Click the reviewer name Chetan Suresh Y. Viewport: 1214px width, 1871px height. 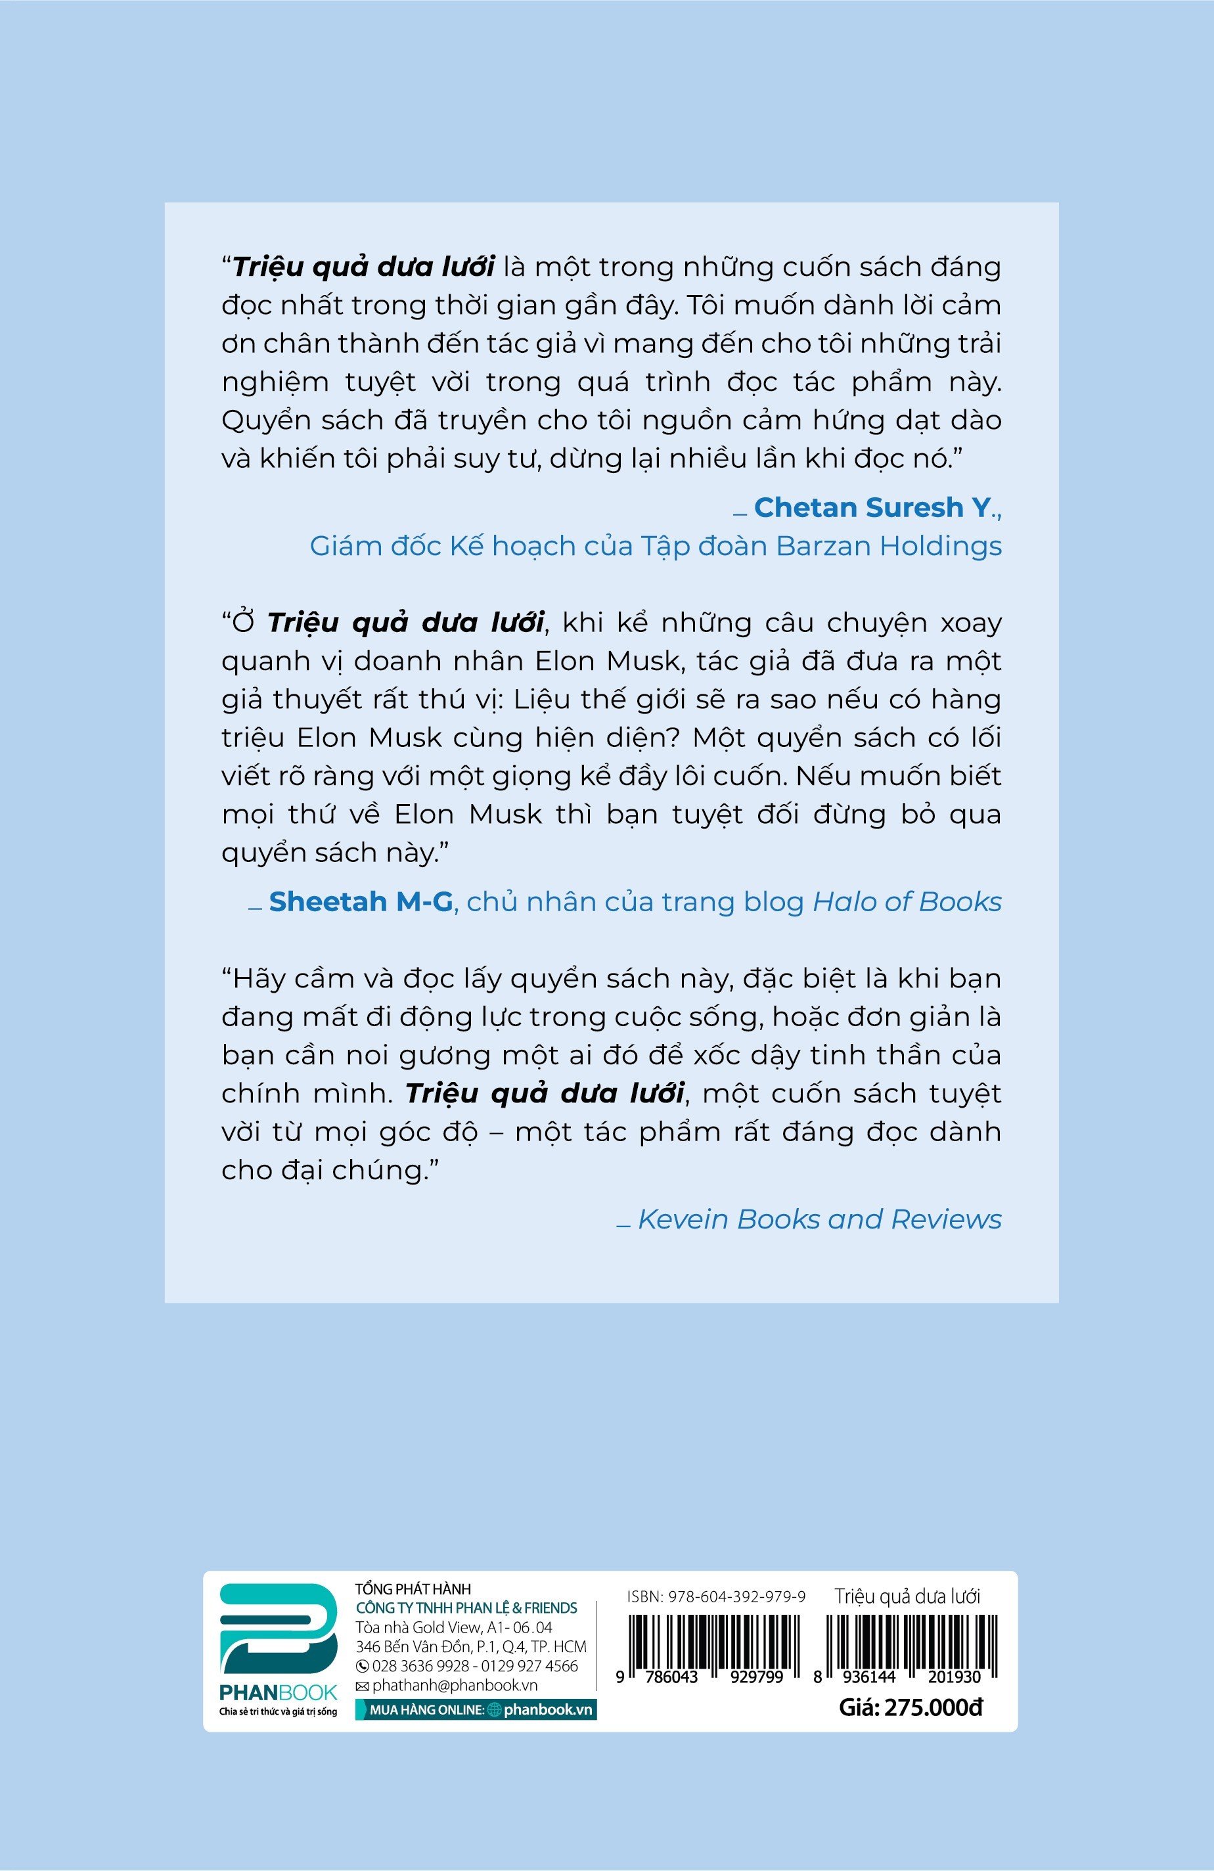pos(872,508)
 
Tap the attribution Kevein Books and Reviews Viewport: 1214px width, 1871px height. pos(819,1219)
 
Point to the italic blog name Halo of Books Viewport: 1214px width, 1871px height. pos(907,902)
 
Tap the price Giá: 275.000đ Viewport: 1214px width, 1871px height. pos(910,1707)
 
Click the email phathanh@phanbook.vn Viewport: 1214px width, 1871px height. pos(447,1684)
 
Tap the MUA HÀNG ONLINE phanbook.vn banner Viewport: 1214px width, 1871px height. pos(476,1709)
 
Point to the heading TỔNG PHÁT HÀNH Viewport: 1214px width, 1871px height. pos(413,1590)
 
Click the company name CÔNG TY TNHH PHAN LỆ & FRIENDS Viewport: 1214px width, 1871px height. pos(466,1608)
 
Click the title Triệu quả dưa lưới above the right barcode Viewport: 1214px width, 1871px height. pos(907,1596)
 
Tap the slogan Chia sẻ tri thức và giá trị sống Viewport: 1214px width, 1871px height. pos(279,1711)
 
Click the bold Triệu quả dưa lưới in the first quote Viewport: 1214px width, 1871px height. pos(364,267)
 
